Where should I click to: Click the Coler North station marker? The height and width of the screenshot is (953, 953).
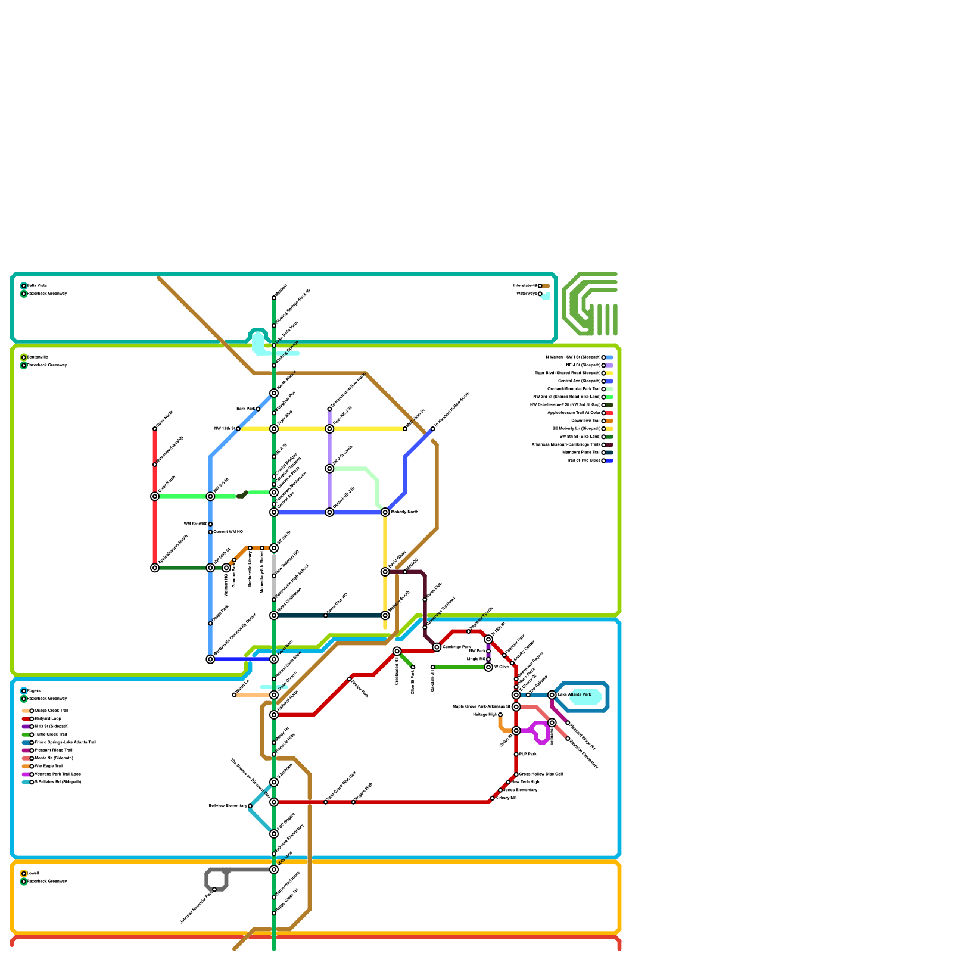155,429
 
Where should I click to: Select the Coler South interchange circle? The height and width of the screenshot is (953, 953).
155,497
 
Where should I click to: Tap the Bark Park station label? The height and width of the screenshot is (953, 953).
245,409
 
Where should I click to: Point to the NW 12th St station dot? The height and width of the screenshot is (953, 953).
238,429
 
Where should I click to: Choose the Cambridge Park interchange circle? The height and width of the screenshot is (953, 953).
437,647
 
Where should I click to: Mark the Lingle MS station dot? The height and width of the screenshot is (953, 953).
488,659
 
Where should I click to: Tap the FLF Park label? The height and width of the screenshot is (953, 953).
528,755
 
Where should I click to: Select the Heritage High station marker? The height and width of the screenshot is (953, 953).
500,715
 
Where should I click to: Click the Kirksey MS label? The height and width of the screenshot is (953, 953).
506,798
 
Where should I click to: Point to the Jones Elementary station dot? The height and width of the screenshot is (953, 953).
500,790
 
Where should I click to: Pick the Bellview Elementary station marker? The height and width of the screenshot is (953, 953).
250,806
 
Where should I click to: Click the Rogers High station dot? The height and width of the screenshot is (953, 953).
354,802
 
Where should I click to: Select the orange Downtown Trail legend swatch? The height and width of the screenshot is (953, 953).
610,421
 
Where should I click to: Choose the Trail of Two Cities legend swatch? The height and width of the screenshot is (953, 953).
610,461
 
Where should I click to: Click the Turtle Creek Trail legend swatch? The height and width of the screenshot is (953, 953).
26,735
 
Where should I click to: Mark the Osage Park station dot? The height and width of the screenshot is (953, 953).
210,624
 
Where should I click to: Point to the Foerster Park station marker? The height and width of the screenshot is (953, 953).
350,679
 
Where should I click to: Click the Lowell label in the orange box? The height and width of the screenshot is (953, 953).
33,874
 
